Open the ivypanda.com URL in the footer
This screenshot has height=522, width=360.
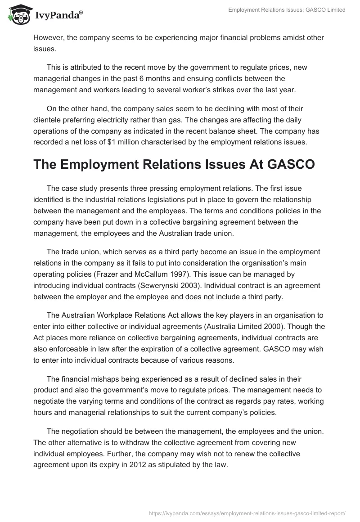[x=247, y=512]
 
